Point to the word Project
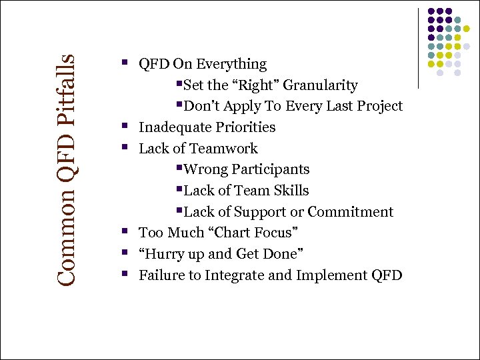coord(377,107)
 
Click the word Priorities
coord(246,127)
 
